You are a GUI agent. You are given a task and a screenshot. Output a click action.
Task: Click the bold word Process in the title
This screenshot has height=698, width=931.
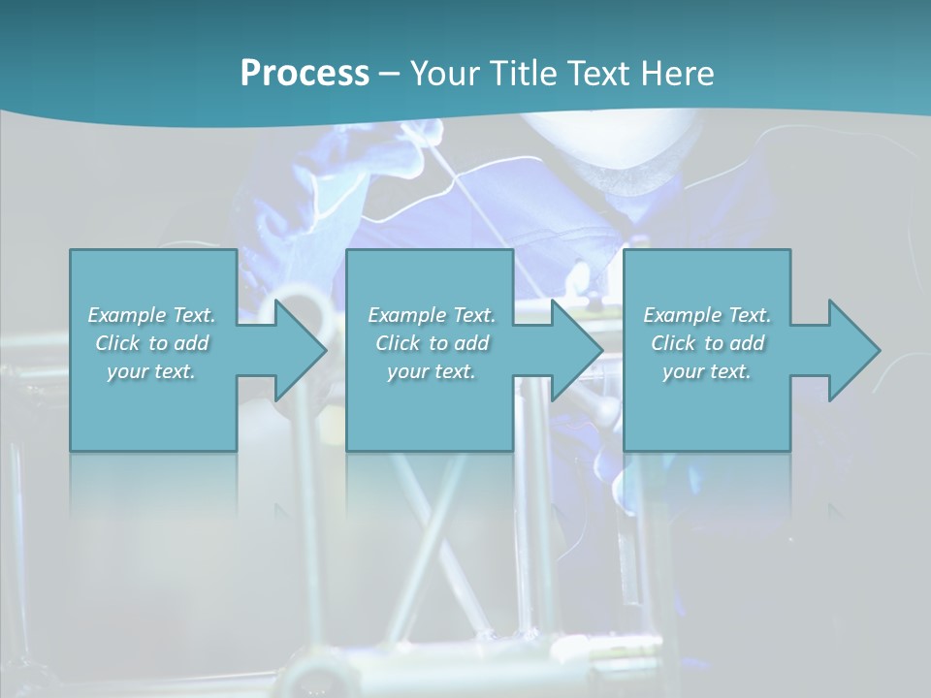click(x=305, y=73)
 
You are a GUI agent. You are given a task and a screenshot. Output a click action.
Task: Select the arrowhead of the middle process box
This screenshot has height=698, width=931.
click(x=574, y=350)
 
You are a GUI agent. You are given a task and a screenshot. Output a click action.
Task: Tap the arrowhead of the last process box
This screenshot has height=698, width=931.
click(x=851, y=350)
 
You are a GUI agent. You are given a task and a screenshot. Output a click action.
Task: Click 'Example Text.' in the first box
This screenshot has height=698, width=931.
click(x=152, y=314)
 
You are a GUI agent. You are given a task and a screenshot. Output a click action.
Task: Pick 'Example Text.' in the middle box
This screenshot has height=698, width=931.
click(x=432, y=314)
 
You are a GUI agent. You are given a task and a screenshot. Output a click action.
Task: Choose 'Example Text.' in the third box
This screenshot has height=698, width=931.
click(x=707, y=314)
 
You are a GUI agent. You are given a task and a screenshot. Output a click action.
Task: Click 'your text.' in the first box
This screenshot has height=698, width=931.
click(x=152, y=370)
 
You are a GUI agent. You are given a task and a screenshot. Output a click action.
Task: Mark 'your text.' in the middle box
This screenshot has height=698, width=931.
click(x=432, y=370)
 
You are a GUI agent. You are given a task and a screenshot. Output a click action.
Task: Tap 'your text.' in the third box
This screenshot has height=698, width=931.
click(x=707, y=370)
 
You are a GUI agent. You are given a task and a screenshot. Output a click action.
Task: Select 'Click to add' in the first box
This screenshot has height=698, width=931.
click(x=152, y=342)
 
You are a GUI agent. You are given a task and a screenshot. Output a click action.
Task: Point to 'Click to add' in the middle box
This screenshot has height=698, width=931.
click(x=432, y=342)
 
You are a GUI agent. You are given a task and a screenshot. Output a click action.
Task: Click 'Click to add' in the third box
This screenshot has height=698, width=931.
click(x=707, y=342)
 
